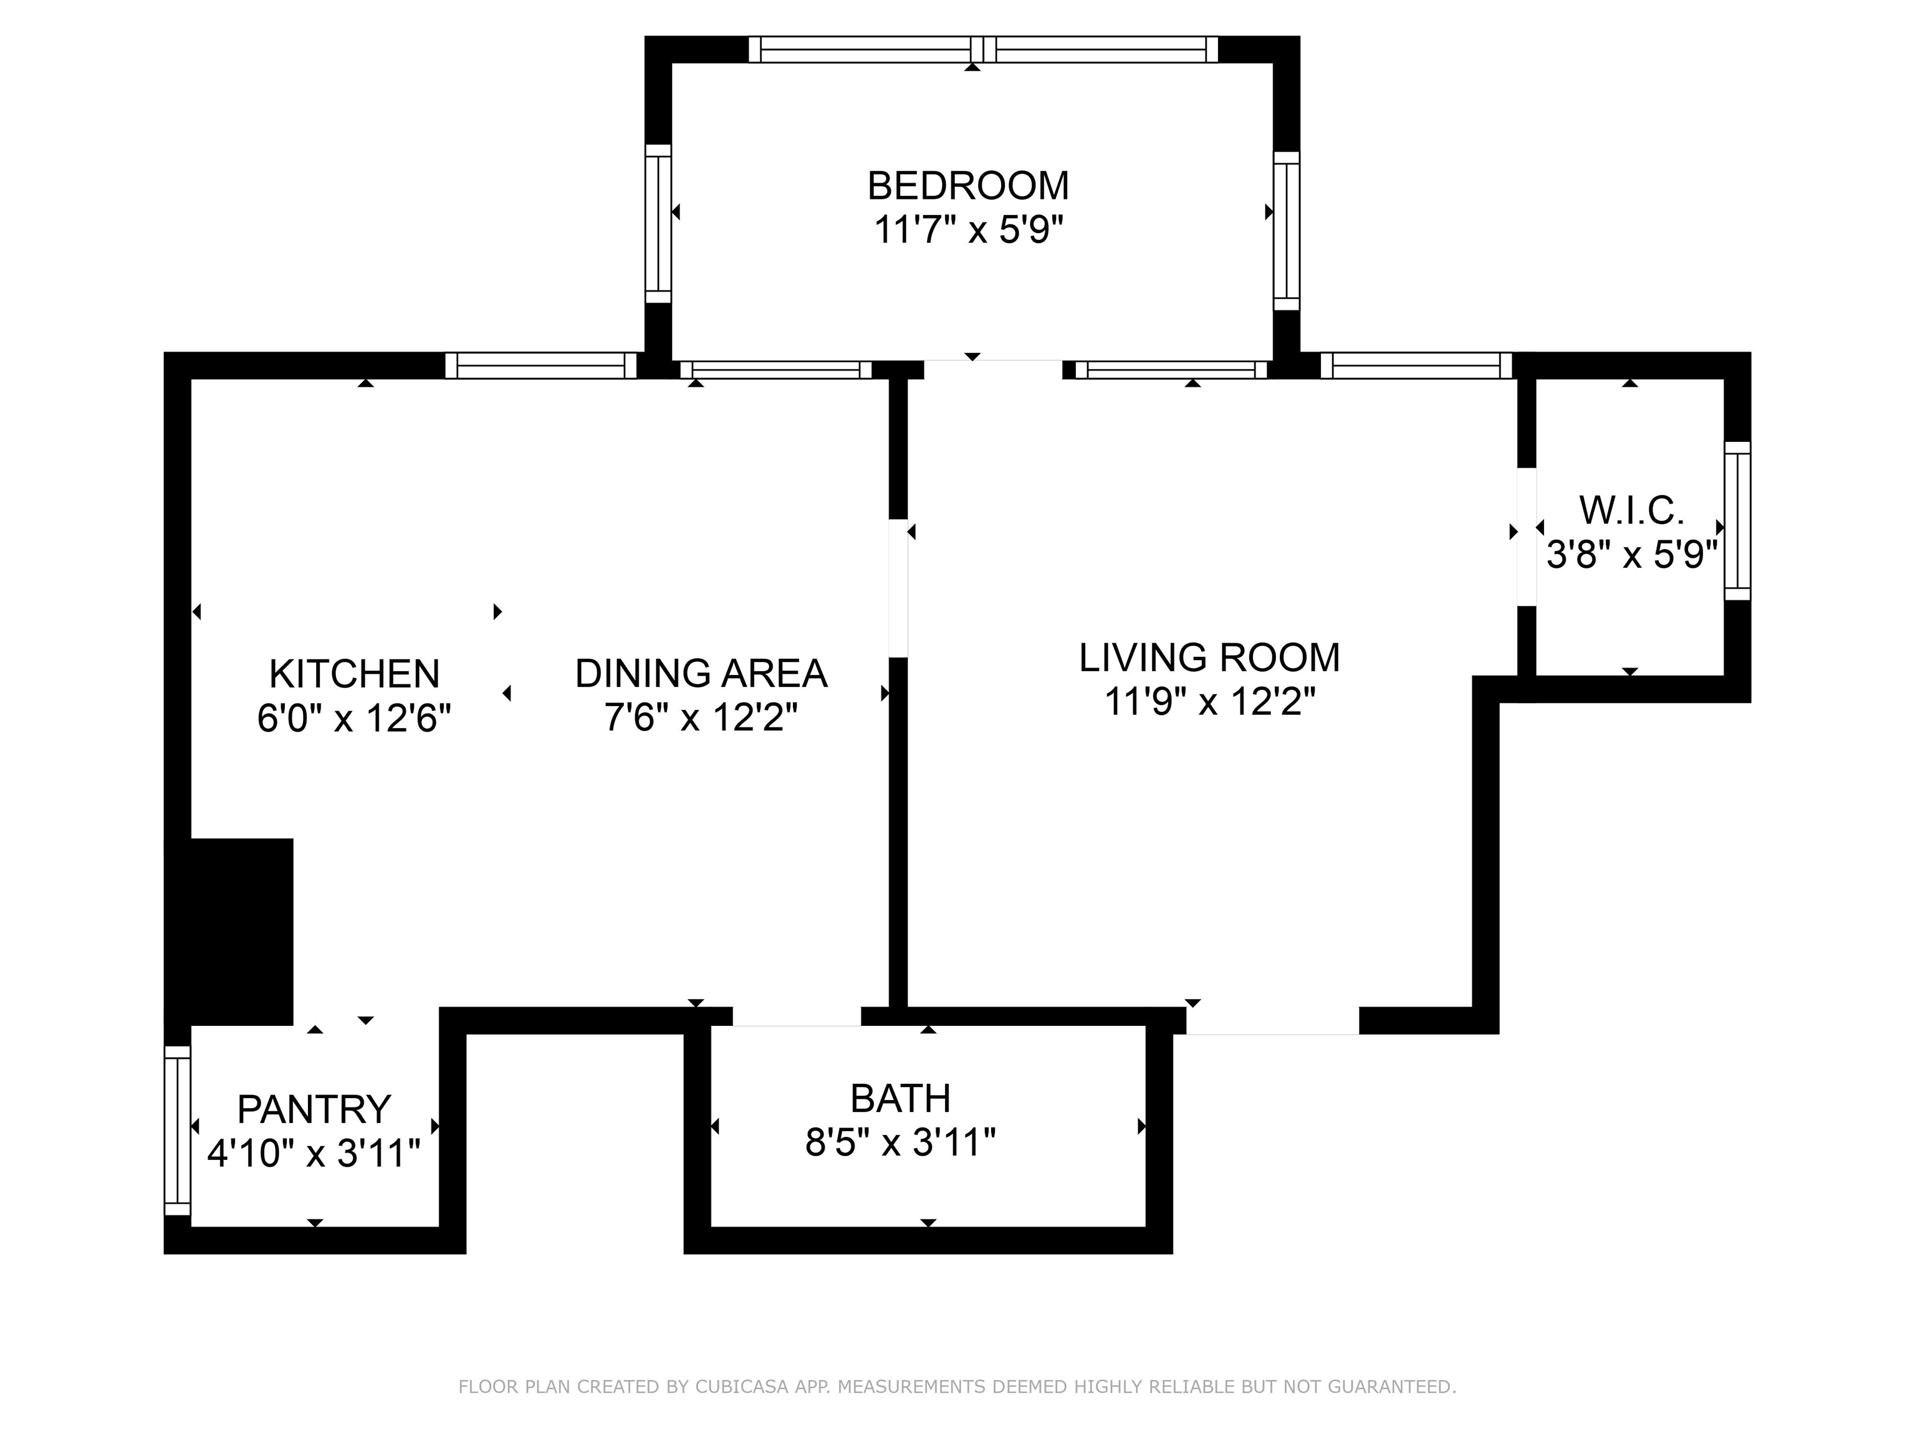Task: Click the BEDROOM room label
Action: pyautogui.click(x=968, y=186)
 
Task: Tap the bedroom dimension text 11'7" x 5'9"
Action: pyautogui.click(x=968, y=231)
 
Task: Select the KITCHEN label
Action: pyautogui.click(x=354, y=674)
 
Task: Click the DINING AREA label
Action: pyautogui.click(x=701, y=674)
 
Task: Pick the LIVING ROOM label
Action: pyautogui.click(x=1209, y=658)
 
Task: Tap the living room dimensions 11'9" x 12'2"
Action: pyautogui.click(x=1209, y=702)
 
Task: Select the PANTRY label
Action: pyautogui.click(x=314, y=1109)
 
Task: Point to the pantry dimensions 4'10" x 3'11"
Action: pyautogui.click(x=314, y=1154)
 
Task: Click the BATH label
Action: pyautogui.click(x=900, y=1099)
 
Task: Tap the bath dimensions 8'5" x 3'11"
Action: pyautogui.click(x=900, y=1144)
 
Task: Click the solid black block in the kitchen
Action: pyautogui.click(x=241, y=931)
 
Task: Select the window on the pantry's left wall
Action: pyautogui.click(x=178, y=1131)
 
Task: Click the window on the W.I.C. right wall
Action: pyautogui.click(x=1737, y=521)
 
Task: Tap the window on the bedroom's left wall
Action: pyautogui.click(x=658, y=223)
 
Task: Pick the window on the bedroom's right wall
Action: pyautogui.click(x=1287, y=231)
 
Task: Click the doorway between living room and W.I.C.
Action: pyautogui.click(x=1526, y=537)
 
